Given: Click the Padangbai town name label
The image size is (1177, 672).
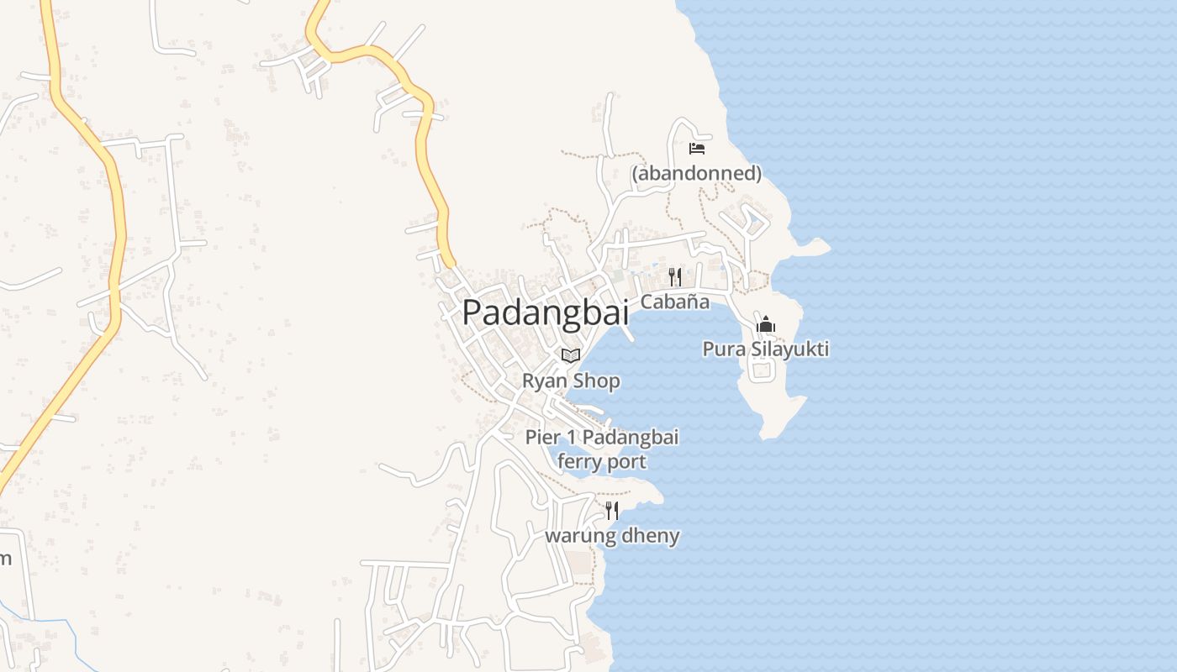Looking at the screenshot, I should click(546, 312).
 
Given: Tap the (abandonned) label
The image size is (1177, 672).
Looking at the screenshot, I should click(696, 174).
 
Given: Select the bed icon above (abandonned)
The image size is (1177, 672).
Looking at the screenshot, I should click(696, 149).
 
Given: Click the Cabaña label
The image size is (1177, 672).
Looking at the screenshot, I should click(674, 302).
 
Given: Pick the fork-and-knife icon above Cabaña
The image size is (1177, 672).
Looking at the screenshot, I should click(674, 276).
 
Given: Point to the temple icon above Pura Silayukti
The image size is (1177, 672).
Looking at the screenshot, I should click(765, 324).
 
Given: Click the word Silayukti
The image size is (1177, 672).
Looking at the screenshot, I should click(789, 349).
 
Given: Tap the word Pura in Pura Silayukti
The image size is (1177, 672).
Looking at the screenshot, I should click(724, 349).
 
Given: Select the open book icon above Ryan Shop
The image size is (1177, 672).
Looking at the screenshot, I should click(571, 355).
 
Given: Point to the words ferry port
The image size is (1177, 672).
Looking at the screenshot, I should click(602, 462).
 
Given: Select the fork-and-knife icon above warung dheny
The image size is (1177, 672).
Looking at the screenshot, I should click(612, 510).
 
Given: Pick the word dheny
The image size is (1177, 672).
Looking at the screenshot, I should click(650, 536).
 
